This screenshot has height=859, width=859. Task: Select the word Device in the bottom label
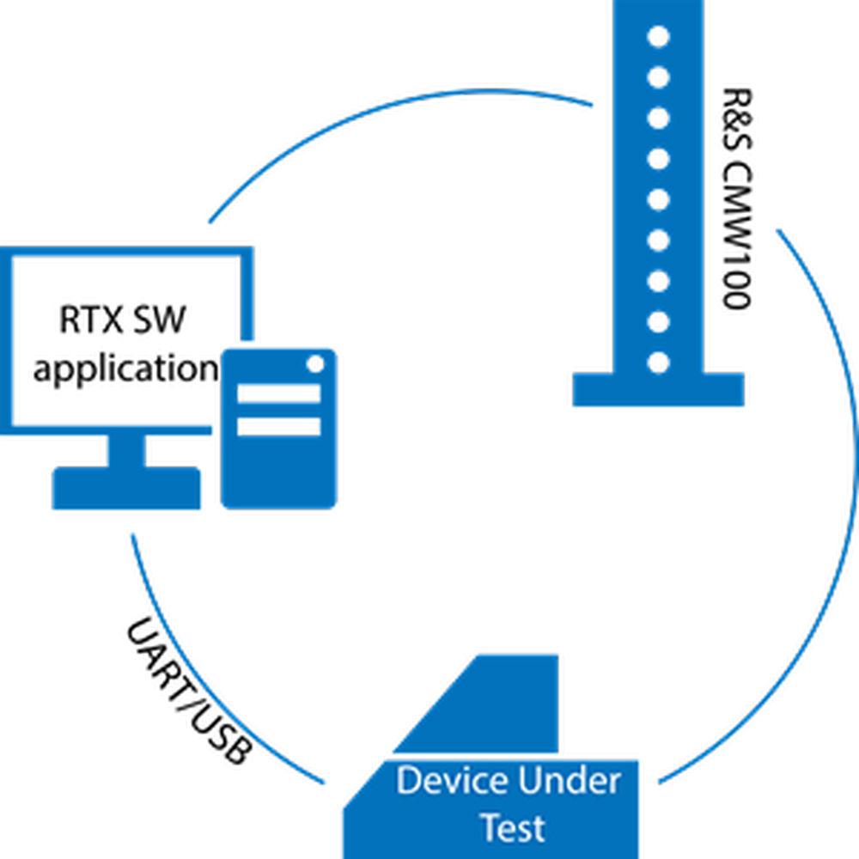click(x=450, y=782)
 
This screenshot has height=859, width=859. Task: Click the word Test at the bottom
click(x=512, y=828)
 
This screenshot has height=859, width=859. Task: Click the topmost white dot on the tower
click(x=658, y=37)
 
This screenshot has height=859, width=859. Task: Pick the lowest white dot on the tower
click(x=658, y=362)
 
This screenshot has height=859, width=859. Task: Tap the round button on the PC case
click(x=314, y=364)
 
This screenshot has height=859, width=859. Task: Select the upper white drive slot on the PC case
click(x=278, y=393)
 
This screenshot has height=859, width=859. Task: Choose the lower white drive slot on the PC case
click(x=278, y=426)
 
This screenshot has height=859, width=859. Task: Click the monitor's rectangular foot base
click(x=126, y=489)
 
